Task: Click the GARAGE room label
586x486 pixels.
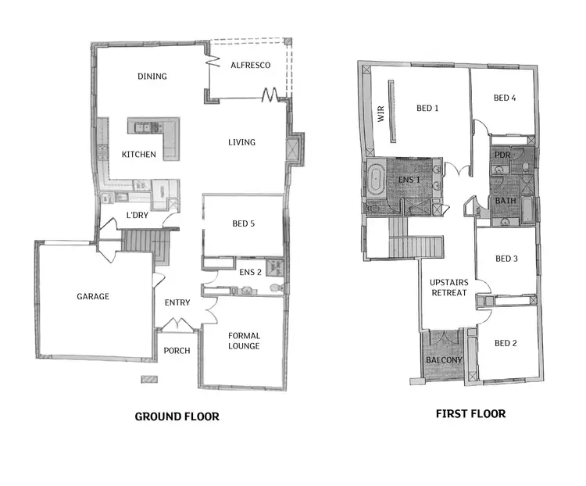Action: click(93, 296)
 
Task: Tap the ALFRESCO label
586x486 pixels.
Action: click(250, 65)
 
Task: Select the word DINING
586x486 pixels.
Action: click(152, 77)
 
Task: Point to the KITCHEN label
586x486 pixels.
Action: click(138, 155)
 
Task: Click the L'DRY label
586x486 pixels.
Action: click(138, 215)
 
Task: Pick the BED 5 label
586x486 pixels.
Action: click(244, 223)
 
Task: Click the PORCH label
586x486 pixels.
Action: click(177, 350)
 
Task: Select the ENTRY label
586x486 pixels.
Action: click(177, 302)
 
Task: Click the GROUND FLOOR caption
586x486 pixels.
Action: click(177, 416)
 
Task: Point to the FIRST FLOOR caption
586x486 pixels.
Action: click(470, 414)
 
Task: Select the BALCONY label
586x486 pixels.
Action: click(443, 360)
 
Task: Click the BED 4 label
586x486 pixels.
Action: click(505, 98)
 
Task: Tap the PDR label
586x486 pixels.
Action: click(502, 154)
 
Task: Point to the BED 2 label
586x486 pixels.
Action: click(506, 343)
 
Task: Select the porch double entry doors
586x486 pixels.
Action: click(177, 323)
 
